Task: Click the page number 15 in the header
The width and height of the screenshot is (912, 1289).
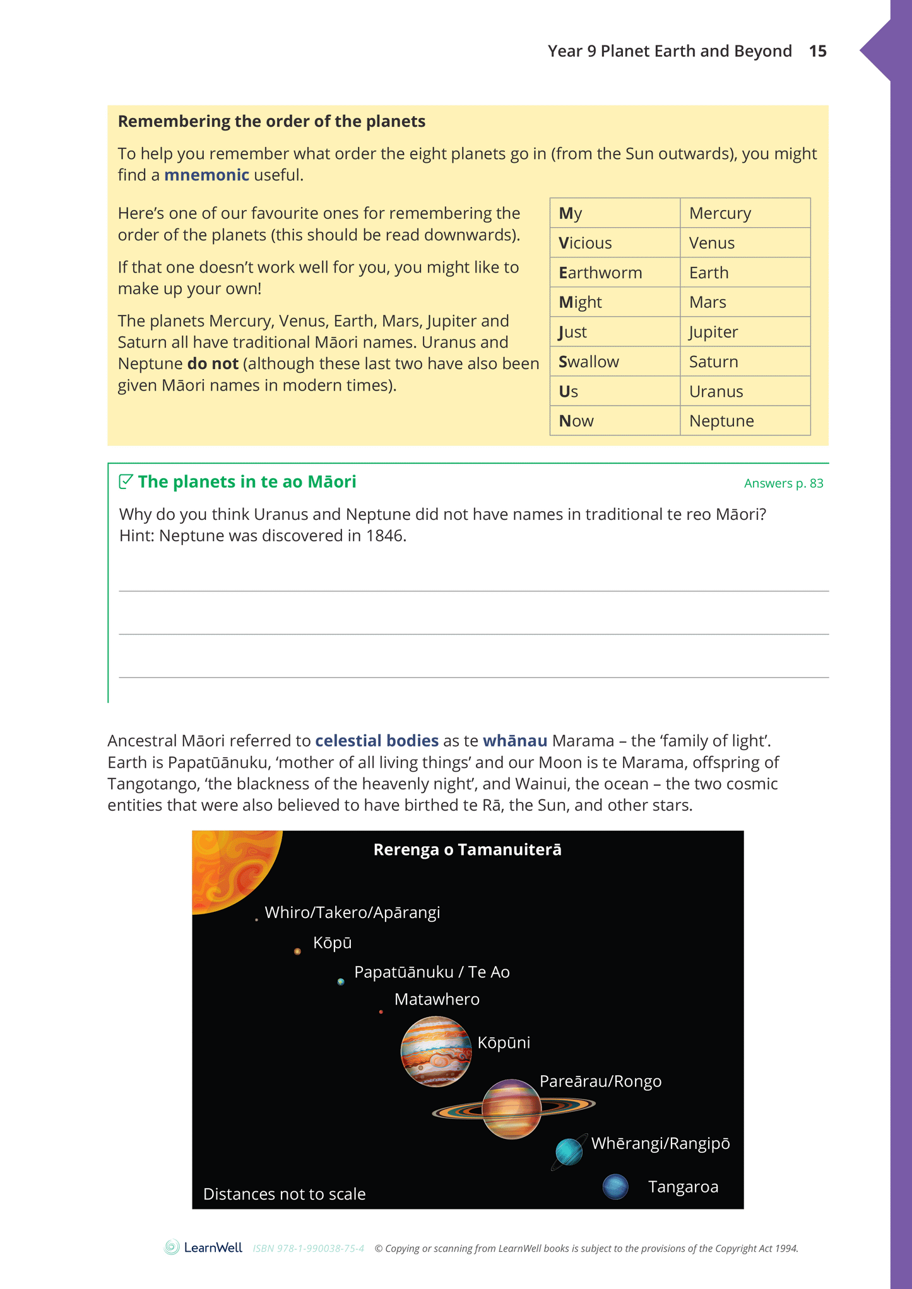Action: click(x=817, y=51)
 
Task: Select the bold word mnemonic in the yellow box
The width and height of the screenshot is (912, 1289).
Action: click(x=206, y=175)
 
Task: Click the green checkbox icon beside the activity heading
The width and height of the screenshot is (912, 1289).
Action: click(x=126, y=481)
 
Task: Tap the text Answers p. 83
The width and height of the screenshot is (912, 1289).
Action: click(x=783, y=483)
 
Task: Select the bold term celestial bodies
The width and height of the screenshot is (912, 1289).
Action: click(x=377, y=741)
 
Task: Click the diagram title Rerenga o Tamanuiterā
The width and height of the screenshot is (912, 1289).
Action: click(x=467, y=850)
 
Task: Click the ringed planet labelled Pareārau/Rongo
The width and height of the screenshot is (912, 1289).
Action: click(x=512, y=1109)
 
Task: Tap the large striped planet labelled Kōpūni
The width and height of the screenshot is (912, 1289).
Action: click(x=436, y=1051)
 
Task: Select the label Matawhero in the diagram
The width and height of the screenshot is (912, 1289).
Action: click(x=437, y=999)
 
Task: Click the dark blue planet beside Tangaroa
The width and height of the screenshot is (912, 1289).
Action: click(x=615, y=1187)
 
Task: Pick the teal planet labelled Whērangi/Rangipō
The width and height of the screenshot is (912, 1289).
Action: click(x=569, y=1152)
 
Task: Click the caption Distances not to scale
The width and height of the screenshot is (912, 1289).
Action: click(x=284, y=1194)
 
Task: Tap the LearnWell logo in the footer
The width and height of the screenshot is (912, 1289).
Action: click(x=203, y=1247)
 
